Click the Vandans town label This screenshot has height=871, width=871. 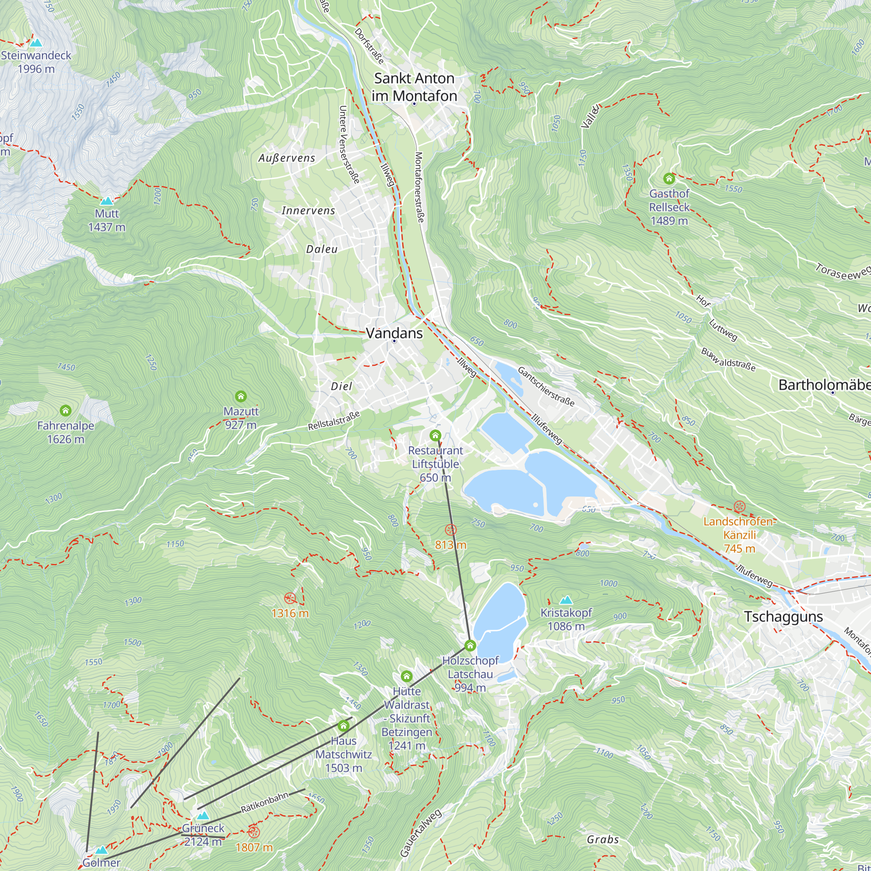[x=394, y=333]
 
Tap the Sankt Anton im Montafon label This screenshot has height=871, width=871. [x=414, y=87]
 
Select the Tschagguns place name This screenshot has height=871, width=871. [x=783, y=616]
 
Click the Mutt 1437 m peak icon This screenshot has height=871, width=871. [x=106, y=201]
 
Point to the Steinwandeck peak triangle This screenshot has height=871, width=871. [x=36, y=43]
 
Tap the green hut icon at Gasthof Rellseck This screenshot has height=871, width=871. [x=669, y=179]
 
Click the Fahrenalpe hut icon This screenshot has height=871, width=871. [x=66, y=410]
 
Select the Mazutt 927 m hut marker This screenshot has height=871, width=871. [x=241, y=396]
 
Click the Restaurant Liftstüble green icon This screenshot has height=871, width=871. [x=435, y=435]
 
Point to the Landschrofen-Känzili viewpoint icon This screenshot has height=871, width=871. [x=739, y=506]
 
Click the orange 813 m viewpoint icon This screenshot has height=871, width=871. [x=450, y=530]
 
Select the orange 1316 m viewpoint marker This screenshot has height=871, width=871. [x=290, y=599]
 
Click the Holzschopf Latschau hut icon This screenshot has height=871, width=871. [x=470, y=645]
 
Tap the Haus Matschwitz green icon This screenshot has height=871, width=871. [x=344, y=726]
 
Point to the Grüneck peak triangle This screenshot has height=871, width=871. [x=203, y=816]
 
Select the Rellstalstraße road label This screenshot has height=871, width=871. [x=334, y=420]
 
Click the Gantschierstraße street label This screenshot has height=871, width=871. [x=546, y=387]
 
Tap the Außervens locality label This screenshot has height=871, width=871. [x=287, y=158]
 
